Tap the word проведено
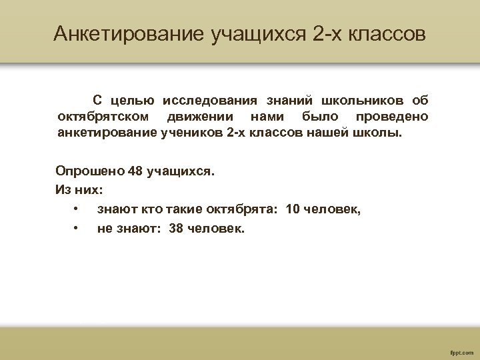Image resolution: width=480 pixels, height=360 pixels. point(392,117)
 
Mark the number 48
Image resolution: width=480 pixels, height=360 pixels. point(136,171)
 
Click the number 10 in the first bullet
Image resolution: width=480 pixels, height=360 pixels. point(292,209)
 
